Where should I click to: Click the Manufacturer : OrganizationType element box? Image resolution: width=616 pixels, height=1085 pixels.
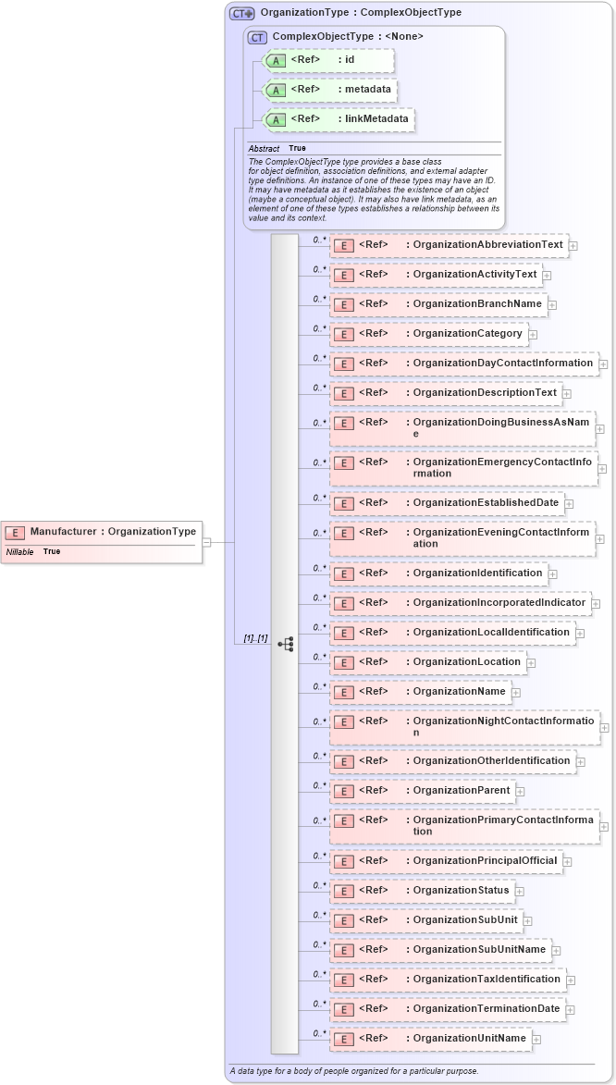point(101,532)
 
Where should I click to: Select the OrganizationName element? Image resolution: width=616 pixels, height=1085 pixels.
point(421,692)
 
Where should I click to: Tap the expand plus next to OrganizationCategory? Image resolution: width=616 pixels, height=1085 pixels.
point(533,335)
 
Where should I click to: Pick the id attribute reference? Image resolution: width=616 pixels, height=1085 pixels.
point(329,61)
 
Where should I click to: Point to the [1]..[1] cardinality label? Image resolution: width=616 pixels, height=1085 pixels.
point(255,638)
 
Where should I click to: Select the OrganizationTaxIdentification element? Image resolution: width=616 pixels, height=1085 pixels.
point(448,980)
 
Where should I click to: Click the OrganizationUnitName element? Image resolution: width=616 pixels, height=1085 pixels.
point(431,1039)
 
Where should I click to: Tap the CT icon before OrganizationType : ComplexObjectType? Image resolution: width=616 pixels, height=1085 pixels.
point(241,13)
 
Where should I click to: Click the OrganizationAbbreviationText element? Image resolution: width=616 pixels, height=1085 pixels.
point(449,245)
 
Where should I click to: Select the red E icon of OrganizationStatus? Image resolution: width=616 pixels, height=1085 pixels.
point(344,891)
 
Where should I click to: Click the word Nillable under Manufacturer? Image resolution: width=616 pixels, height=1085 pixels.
point(20,551)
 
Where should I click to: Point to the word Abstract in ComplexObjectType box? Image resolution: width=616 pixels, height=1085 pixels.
point(264,148)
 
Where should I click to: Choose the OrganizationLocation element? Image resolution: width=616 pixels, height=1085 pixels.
point(428,662)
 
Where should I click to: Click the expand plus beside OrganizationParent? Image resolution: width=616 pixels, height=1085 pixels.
point(521,792)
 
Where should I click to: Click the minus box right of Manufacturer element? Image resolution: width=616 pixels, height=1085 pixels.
point(207,542)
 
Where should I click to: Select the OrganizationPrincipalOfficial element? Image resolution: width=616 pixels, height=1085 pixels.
point(446,861)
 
